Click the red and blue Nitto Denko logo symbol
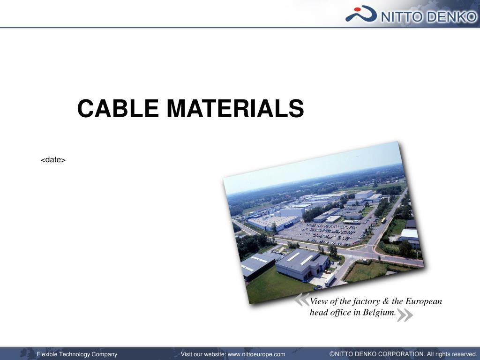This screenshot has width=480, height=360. tap(361, 14)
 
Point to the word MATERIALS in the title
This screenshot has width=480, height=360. tap(235, 109)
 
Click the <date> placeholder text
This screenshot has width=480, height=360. tap(53, 160)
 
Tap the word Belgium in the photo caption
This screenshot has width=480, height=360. tap(379, 313)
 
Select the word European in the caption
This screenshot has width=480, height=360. tap(424, 301)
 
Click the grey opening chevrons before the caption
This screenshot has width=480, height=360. tap(302, 300)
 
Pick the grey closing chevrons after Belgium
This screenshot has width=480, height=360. tap(405, 315)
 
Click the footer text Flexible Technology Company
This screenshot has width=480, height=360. tap(77, 354)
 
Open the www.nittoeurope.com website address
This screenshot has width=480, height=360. tap(256, 354)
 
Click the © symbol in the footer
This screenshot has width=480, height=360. tap(332, 354)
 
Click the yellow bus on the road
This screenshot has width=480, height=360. tap(384, 220)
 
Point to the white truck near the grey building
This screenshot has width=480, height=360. tap(330, 280)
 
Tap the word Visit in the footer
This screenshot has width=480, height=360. tap(187, 354)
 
